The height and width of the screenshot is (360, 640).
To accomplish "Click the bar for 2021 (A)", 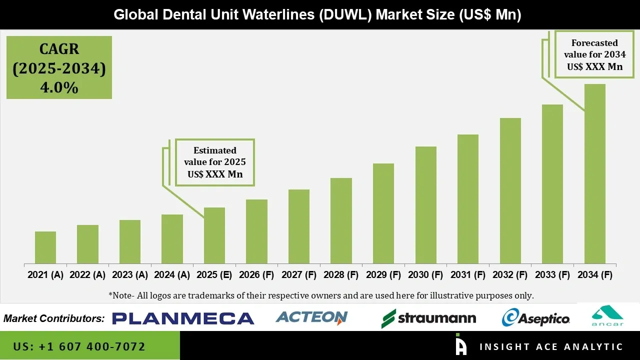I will [45, 247].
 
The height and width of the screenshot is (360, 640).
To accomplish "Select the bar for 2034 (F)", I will [594, 174].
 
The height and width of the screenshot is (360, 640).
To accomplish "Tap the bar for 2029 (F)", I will [383, 213].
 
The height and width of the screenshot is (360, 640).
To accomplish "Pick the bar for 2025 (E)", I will [214, 235].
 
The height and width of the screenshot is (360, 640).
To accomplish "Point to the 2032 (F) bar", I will [510, 191].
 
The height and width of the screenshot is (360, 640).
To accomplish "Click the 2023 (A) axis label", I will [130, 275].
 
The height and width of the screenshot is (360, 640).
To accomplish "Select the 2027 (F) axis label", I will [299, 275].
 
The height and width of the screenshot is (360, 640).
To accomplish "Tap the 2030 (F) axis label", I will [425, 275].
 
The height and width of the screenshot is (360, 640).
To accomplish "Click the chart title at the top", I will [317, 14].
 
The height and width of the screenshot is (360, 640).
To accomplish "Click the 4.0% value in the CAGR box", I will [59, 87].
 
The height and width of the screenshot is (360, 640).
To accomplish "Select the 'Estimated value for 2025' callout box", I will [214, 162].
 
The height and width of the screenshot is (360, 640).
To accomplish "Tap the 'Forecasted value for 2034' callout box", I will [594, 54].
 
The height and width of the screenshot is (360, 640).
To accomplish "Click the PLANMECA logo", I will [183, 318].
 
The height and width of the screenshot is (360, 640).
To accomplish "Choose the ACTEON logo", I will [311, 317].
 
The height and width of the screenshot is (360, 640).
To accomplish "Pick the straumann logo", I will [428, 318].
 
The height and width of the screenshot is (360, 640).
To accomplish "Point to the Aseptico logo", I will [535, 318].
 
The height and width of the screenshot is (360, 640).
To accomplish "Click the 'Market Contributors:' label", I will [54, 318].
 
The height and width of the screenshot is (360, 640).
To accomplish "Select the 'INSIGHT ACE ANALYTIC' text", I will [551, 346].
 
